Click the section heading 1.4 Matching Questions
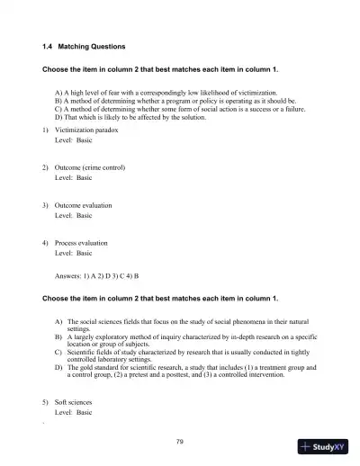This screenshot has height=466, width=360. click(84, 45)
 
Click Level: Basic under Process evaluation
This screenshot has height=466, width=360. click(74, 253)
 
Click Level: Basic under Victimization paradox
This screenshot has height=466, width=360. click(74, 140)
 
